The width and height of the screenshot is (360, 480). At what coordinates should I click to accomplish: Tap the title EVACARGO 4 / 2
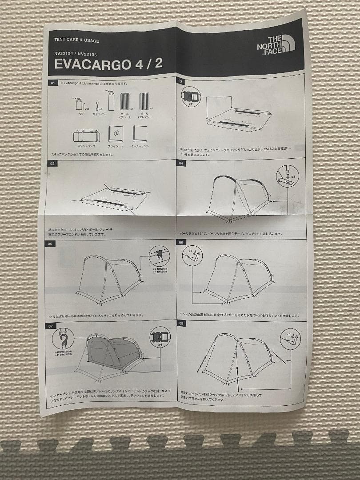point(108,64)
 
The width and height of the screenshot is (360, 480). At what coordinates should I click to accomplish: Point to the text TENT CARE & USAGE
point(76,40)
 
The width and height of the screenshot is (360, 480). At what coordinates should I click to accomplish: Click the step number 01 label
point(53,83)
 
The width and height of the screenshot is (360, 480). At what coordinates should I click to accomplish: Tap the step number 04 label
point(181,163)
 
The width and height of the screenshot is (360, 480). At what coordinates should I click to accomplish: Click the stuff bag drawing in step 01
point(87,135)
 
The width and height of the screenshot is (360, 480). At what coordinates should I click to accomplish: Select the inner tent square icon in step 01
point(140,133)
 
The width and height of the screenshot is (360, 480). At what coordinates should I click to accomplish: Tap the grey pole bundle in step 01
point(124,101)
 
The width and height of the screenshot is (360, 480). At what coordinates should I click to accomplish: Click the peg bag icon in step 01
point(79,104)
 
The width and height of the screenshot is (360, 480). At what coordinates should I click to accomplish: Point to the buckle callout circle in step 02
point(191,96)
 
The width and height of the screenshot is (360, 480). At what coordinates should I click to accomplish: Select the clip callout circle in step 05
point(159,256)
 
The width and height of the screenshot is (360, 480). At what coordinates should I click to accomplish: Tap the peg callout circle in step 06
point(192,256)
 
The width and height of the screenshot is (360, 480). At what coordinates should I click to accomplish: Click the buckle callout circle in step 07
point(160,337)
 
